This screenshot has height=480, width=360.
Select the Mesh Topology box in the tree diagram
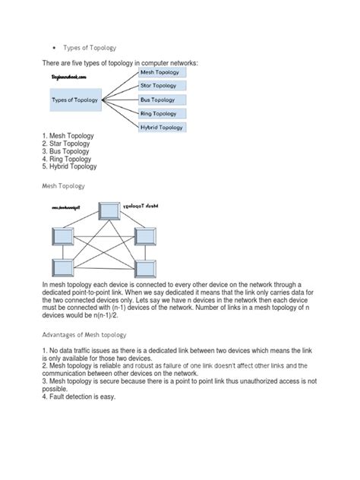[x=161, y=72]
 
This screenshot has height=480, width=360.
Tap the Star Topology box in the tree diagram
[x=161, y=86]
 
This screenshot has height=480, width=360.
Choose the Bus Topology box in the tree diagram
[x=161, y=99]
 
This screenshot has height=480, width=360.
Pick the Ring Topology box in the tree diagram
[x=161, y=113]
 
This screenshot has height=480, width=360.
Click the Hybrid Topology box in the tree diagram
[x=161, y=127]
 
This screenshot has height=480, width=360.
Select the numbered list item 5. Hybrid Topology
[x=74, y=166]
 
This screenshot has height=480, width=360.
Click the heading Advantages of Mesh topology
[x=85, y=335]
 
